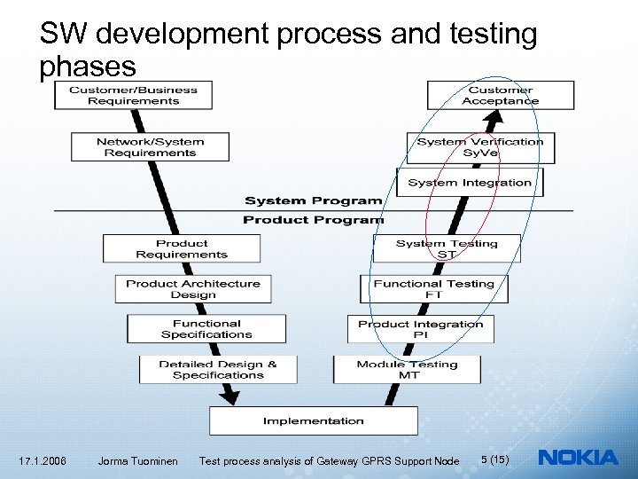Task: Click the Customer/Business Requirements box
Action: pos(133,95)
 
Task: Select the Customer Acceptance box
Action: pos(501,95)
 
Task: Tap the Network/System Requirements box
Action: pos(150,147)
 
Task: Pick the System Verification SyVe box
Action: pos(480,147)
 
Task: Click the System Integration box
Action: pos(470,183)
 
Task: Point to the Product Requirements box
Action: pos(182,248)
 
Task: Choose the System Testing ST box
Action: pos(447,248)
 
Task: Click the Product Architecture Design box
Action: pos(193,289)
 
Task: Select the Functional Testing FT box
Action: pos(433,289)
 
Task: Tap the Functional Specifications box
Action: pos(206,329)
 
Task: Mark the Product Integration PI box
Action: pos(421,329)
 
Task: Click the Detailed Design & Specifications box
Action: pos(218,369)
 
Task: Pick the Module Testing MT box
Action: pos(407,369)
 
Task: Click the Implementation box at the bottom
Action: pos(313,420)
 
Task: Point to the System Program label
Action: pos(313,201)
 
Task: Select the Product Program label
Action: pos(313,220)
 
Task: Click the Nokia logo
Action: pos(579,458)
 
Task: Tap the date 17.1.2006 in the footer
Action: pos(42,460)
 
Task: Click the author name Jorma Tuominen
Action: pos(137,460)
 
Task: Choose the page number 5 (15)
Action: pos(494,459)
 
